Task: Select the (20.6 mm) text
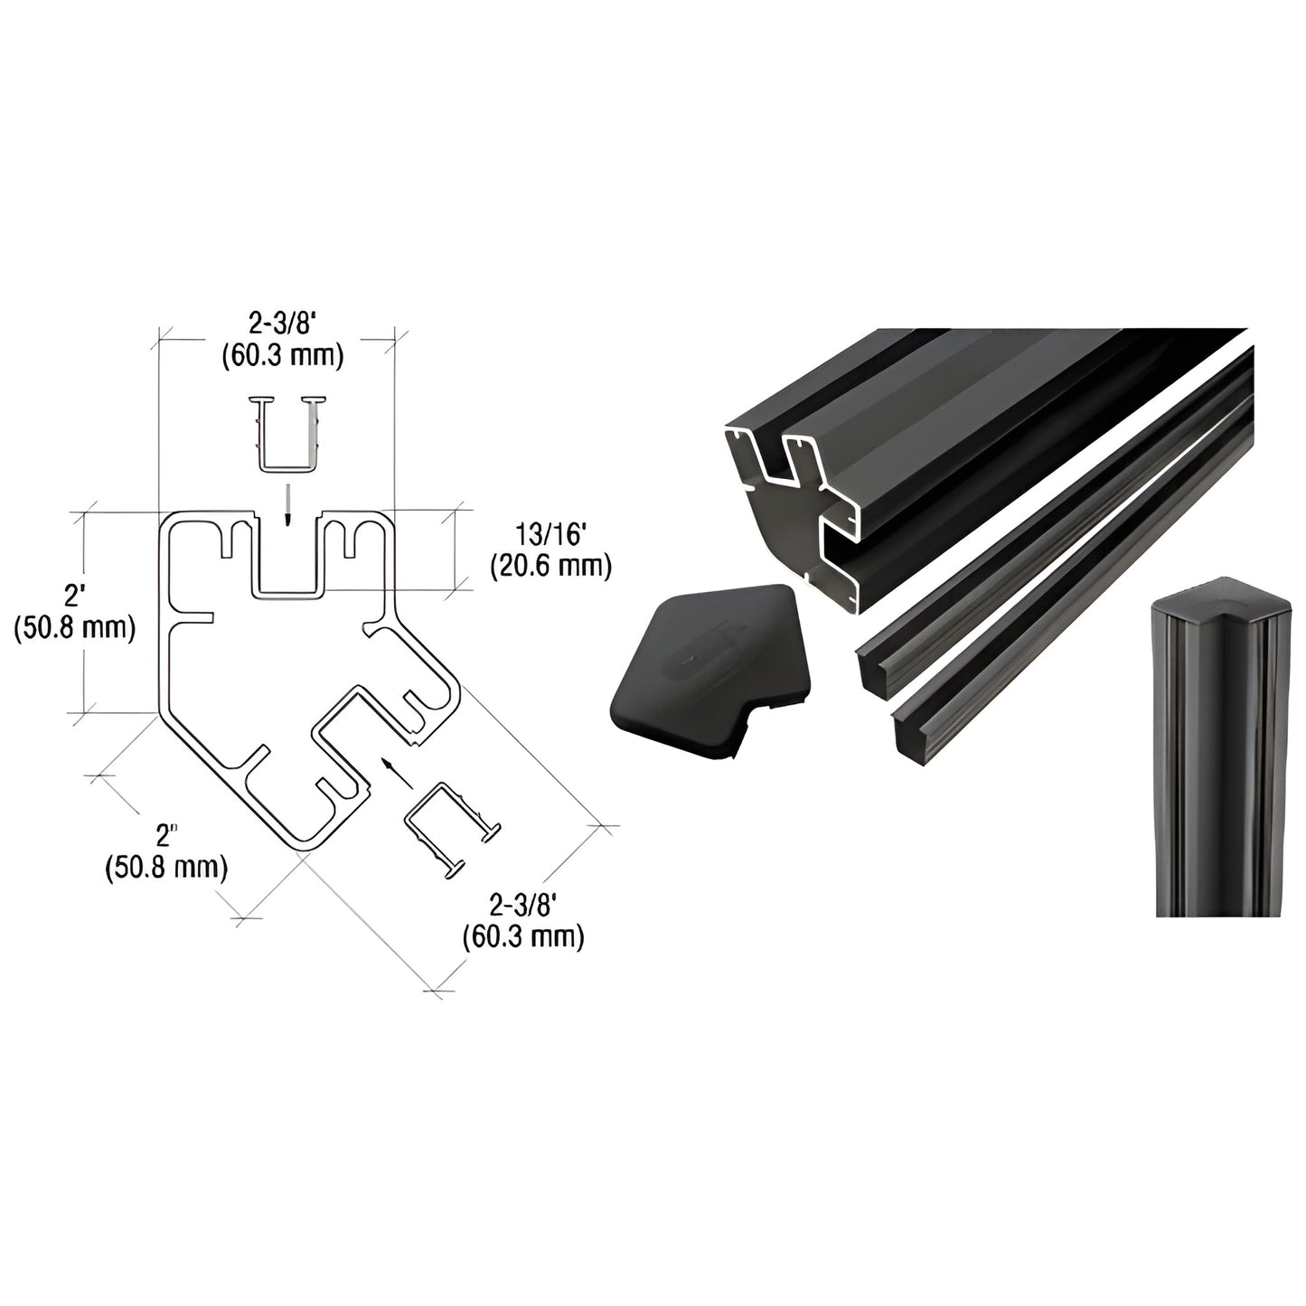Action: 551,567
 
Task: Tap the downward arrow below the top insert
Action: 286,506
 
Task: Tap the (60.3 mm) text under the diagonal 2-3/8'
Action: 522,937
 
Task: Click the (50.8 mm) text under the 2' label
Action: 75,627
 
